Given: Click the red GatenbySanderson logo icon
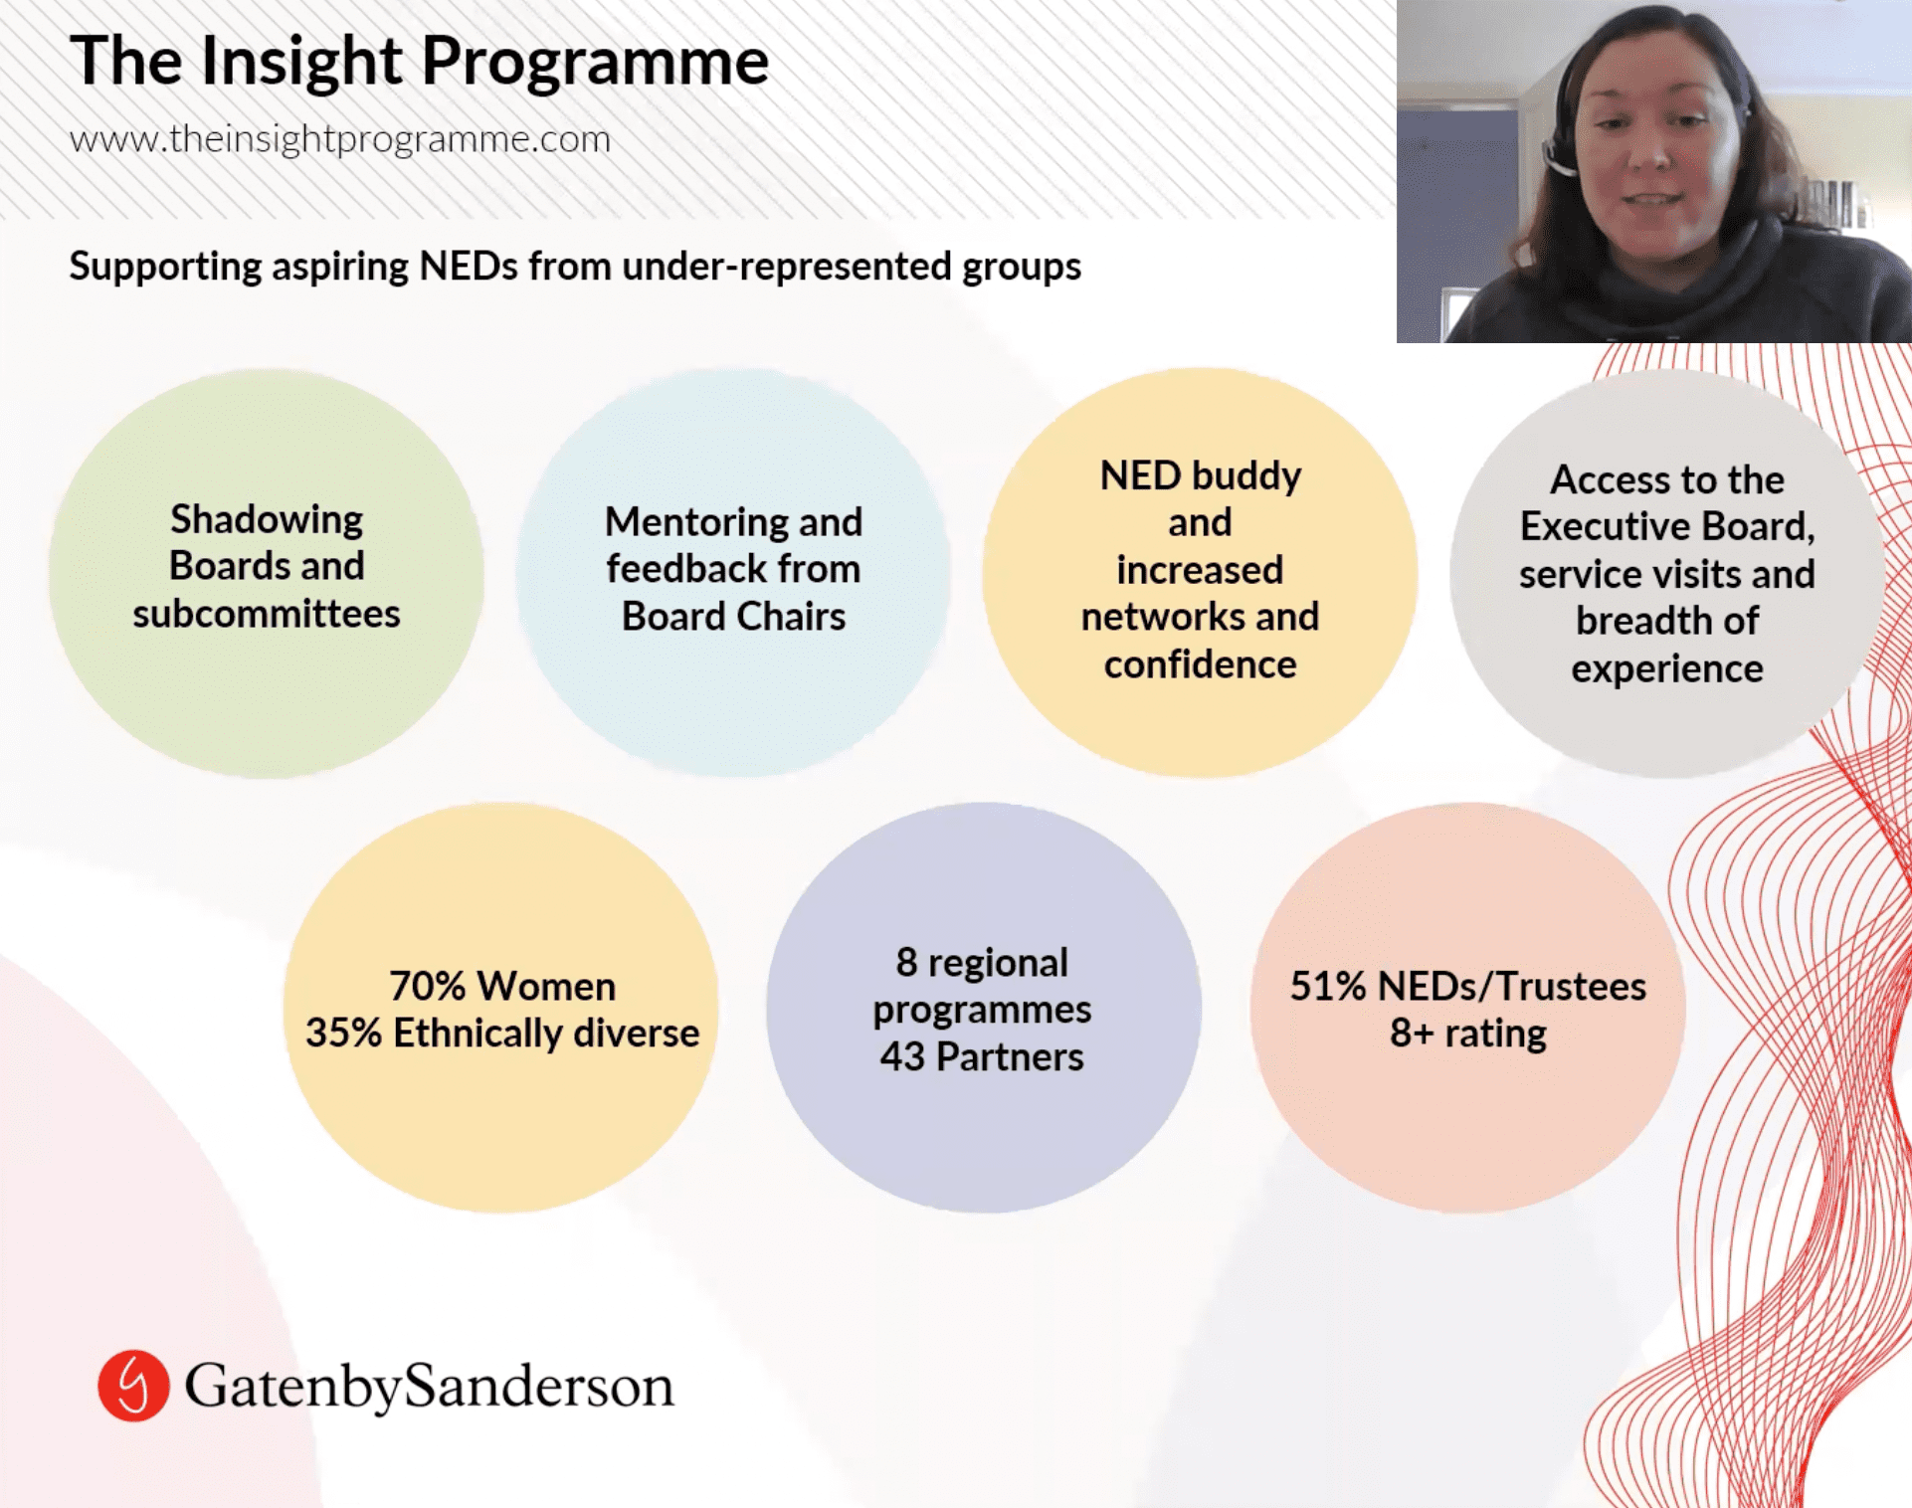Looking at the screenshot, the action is coord(132,1385).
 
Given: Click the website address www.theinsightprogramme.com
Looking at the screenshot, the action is coord(340,140).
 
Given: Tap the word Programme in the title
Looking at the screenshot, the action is coord(595,63).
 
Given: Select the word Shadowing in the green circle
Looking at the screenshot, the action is coord(267,520).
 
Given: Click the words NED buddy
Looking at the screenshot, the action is coord(1200,477).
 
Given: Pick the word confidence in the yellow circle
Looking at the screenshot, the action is coord(1200,664).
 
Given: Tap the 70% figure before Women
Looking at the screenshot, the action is coord(428,987).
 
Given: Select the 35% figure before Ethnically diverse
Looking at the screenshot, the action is coord(343,1034).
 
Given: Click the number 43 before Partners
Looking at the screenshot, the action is coord(902,1057).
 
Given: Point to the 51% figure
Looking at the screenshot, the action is coord(1328,987).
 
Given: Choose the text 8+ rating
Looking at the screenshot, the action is coord(1468,1035).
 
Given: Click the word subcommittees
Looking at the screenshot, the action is coord(267,614).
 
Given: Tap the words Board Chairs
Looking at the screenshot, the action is coord(733,617).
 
